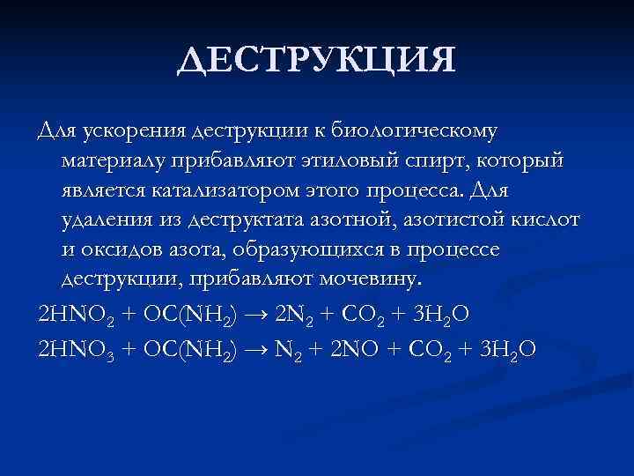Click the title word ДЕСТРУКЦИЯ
[x=316, y=61]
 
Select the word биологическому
[x=422, y=131]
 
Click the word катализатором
[x=232, y=190]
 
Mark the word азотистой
[x=440, y=220]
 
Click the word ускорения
[x=129, y=131]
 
